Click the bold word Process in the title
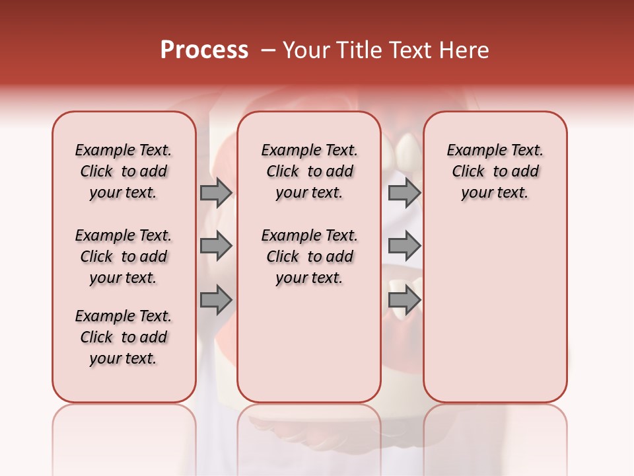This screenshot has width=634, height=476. pos(204,50)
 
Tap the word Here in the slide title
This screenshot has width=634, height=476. pos(465,50)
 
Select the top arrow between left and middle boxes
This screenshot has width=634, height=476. pos(216,192)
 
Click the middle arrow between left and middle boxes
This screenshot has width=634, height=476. pos(216,247)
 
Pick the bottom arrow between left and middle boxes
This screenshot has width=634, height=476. pos(216,300)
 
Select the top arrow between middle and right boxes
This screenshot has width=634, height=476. pos(404,192)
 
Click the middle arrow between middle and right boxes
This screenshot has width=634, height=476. pos(404,247)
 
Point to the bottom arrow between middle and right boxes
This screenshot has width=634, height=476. pos(404,300)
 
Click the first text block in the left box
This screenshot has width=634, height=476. pos(123,171)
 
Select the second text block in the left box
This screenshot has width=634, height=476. pos(123,257)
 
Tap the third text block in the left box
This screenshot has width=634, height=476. pos(123,337)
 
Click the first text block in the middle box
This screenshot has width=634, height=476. pos(309,171)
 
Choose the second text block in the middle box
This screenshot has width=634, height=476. pos(309,257)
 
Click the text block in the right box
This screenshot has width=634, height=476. pos(495,171)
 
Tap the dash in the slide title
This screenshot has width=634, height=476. pos(268,50)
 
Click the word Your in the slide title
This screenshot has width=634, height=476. pos(306,50)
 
